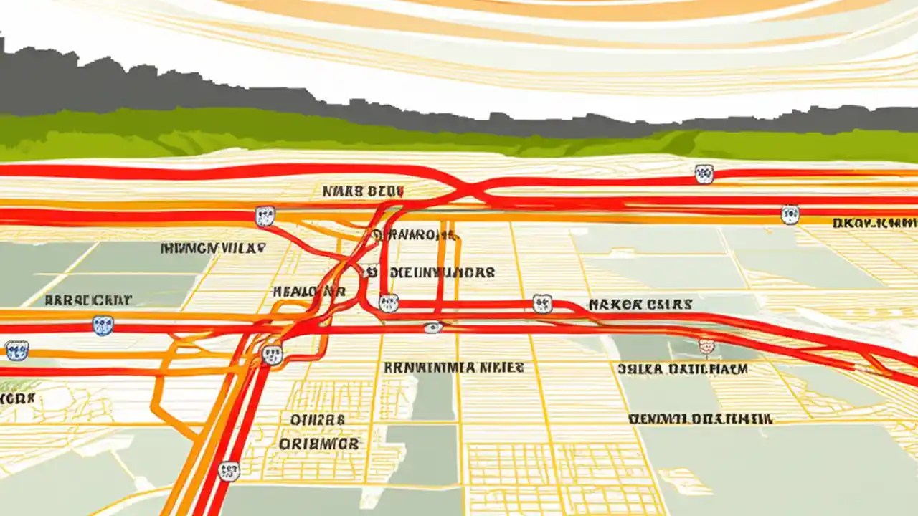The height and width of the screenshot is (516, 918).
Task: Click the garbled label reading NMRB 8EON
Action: [x=363, y=191]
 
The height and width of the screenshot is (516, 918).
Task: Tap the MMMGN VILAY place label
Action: [x=213, y=249]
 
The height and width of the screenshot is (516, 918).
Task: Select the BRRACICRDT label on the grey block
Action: [x=87, y=300]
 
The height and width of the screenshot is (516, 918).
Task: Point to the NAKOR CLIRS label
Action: [x=640, y=305]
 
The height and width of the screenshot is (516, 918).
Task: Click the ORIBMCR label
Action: [x=318, y=444]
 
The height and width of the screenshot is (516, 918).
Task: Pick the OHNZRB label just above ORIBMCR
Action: [x=318, y=419]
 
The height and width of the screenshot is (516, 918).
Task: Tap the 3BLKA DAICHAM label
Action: [x=682, y=369]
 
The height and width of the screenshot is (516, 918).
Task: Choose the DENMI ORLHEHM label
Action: [x=700, y=419]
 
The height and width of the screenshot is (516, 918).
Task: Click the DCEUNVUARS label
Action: [x=441, y=273]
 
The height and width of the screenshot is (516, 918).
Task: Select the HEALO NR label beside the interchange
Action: [x=309, y=292]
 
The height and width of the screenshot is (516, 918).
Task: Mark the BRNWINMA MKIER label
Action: [x=454, y=368]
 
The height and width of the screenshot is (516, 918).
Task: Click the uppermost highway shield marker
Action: [x=704, y=173]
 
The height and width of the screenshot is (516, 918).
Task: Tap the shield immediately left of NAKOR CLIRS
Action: [x=543, y=304]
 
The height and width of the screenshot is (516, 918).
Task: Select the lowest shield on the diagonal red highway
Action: [x=229, y=471]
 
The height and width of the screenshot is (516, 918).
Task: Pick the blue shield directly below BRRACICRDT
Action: [x=103, y=326]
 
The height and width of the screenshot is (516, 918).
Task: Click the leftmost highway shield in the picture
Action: [x=16, y=350]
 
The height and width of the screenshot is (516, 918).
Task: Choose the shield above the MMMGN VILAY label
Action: [x=265, y=216]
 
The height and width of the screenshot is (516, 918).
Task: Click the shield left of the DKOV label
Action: [x=790, y=214]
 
